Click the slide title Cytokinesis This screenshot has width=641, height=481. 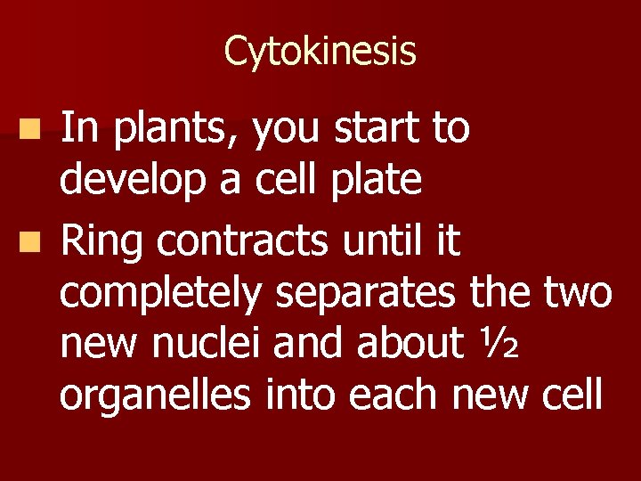[320, 51]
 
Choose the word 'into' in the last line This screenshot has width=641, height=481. [301, 395]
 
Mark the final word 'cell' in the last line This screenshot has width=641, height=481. [570, 395]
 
